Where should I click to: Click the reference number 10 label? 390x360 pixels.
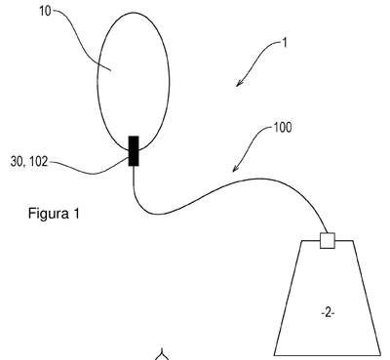click(45, 11)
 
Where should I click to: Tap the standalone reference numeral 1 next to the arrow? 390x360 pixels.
click(285, 43)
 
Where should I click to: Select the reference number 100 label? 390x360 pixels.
click(283, 128)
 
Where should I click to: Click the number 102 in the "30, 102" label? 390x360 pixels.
click(38, 162)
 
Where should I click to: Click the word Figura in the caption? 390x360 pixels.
click(48, 215)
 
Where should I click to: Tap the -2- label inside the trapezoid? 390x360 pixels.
click(328, 313)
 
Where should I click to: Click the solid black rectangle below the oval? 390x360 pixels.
click(134, 151)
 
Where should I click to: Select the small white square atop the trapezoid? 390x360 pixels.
click(328, 241)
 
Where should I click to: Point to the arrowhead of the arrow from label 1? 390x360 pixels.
click(239, 84)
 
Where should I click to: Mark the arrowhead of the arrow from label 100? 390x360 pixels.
click(236, 168)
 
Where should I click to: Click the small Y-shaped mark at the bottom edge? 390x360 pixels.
click(162, 354)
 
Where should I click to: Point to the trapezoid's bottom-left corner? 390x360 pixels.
click(274, 355)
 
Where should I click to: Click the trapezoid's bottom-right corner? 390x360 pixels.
click(380, 355)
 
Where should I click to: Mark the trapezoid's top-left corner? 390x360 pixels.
click(302, 241)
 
